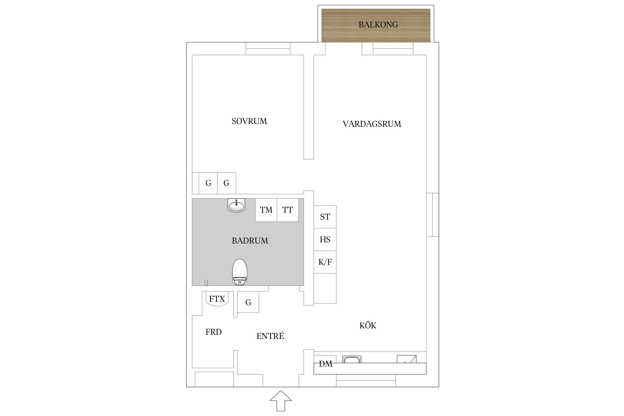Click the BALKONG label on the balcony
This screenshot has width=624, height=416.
tap(378, 25)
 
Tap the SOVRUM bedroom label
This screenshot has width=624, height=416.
tap(249, 121)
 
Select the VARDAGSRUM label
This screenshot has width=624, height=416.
tap(372, 124)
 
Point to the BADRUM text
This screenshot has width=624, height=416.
tap(250, 240)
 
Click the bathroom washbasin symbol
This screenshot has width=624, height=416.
tap(236, 206)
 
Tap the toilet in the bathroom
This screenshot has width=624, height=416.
tap(240, 272)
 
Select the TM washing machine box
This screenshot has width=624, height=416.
tap(266, 210)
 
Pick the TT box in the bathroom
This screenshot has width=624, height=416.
tap(288, 210)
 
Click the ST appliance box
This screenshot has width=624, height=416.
tap(325, 217)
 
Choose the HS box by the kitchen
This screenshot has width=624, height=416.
tap(325, 240)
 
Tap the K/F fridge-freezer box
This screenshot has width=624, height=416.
tap(325, 262)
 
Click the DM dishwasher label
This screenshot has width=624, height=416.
tap(325, 364)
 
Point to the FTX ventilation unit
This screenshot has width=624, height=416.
tap(217, 299)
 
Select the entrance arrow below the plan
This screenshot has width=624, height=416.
tap(281, 401)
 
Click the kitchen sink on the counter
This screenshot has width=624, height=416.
tap(352, 359)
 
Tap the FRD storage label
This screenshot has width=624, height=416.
tap(213, 332)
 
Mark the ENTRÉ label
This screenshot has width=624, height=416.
tap(270, 336)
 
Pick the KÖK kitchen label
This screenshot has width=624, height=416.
tap(368, 325)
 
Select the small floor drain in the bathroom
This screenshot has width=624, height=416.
tap(206, 283)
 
